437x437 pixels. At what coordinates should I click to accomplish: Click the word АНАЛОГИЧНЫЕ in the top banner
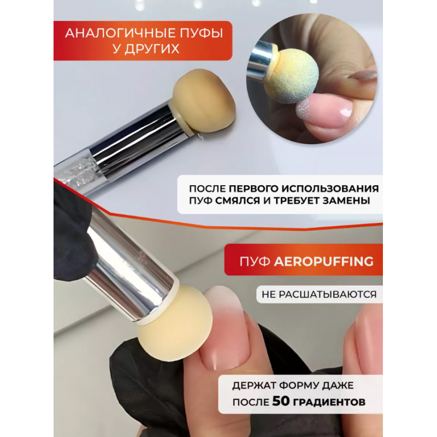113,33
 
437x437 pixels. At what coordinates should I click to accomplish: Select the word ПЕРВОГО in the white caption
253,188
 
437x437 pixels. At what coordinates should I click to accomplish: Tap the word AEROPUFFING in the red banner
323,262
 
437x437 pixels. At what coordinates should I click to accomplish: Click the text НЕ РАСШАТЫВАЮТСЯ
319,294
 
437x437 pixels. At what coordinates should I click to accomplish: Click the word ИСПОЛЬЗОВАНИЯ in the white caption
330,188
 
